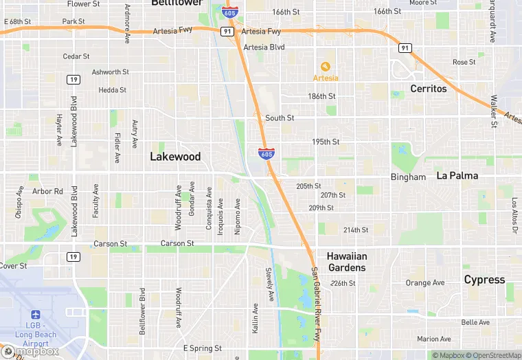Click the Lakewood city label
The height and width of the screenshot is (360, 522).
(x=175, y=157)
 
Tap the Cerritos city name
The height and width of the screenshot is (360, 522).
(x=429, y=89)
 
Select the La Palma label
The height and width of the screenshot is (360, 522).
(x=457, y=176)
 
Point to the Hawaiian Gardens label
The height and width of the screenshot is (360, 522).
(x=346, y=262)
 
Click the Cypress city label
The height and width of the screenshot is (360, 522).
(x=484, y=280)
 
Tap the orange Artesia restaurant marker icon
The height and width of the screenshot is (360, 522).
(x=326, y=67)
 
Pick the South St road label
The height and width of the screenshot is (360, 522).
(x=280, y=118)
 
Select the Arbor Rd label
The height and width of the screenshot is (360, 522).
(x=47, y=191)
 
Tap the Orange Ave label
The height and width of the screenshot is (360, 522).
(x=425, y=282)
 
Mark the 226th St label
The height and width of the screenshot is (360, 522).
(x=343, y=283)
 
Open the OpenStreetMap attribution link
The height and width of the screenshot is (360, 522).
(x=491, y=355)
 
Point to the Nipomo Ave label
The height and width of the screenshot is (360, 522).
(x=238, y=216)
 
